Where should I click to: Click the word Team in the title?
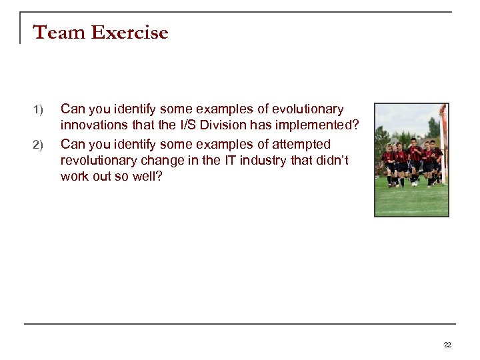click(x=54, y=32)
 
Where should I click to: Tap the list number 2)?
click(x=37, y=145)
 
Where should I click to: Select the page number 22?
click(x=447, y=345)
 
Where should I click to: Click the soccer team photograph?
click(x=411, y=160)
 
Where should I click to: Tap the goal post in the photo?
click(x=443, y=143)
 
